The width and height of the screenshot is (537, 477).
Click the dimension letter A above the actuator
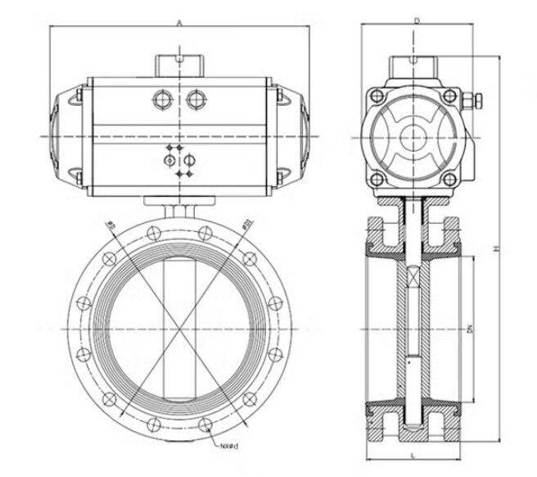tap(178, 23)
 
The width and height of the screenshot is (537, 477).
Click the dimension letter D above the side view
tap(417, 20)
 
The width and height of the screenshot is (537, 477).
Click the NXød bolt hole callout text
tap(228, 447)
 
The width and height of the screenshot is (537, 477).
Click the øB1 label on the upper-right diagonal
tap(245, 223)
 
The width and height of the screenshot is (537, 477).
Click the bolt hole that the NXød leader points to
tap(205, 425)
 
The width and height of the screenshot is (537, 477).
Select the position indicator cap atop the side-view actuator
tap(417, 64)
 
